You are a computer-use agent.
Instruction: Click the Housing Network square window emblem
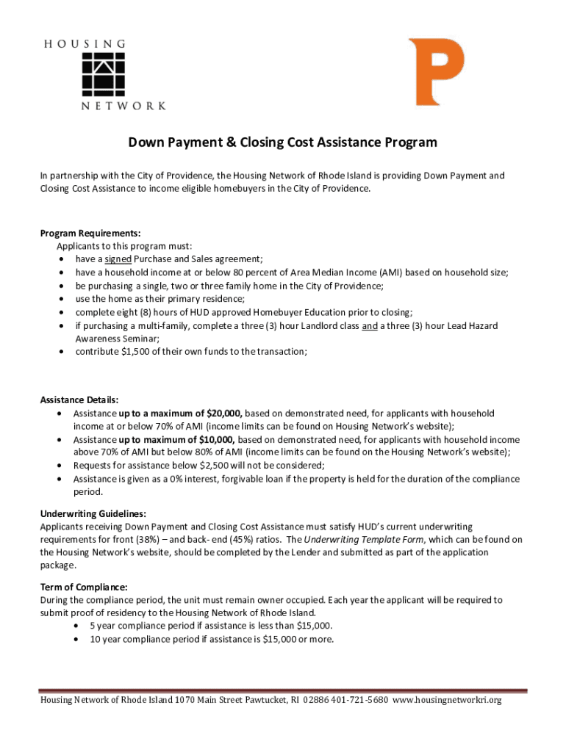pyautogui.click(x=103, y=73)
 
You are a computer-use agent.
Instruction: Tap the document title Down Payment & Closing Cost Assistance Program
pyautogui.click(x=283, y=142)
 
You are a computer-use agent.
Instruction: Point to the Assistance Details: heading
pyautogui.click(x=79, y=400)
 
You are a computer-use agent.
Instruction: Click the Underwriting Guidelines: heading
pyautogui.click(x=87, y=514)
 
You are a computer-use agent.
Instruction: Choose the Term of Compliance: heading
pyautogui.click(x=83, y=587)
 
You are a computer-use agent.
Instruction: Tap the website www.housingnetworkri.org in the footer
pyautogui.click(x=448, y=701)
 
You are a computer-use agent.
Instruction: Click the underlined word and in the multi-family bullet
pyautogui.click(x=370, y=325)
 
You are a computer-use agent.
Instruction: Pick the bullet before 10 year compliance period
pyautogui.click(x=79, y=639)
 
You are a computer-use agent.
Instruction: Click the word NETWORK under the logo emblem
pyautogui.click(x=122, y=106)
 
